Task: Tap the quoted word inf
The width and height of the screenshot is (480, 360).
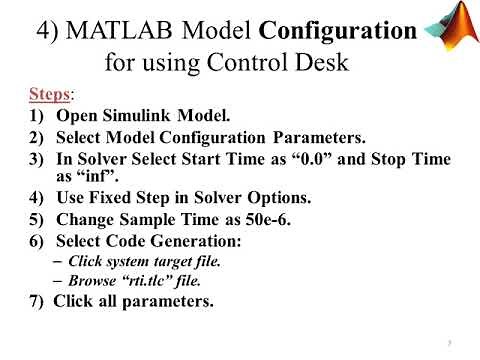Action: pos(76,180)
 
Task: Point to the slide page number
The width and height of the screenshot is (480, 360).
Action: pos(449,341)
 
